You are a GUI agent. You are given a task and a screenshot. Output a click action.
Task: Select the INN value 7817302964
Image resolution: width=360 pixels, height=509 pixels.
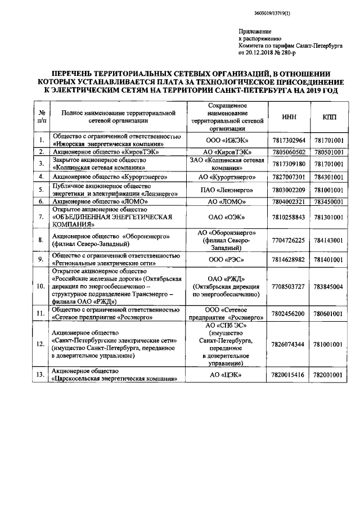click(289, 139)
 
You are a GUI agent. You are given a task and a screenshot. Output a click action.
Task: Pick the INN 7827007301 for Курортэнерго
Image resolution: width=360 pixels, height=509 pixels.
click(289, 177)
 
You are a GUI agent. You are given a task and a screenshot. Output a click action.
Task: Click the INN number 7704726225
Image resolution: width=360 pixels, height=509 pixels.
click(289, 240)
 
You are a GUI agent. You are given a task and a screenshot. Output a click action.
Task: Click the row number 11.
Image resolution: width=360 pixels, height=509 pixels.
click(40, 313)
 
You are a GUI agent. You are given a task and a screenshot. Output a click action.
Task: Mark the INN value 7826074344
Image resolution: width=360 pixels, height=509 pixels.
click(289, 344)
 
